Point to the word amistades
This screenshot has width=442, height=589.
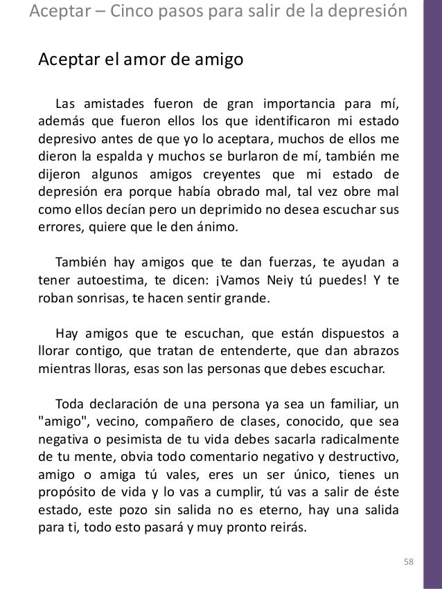(110, 105)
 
